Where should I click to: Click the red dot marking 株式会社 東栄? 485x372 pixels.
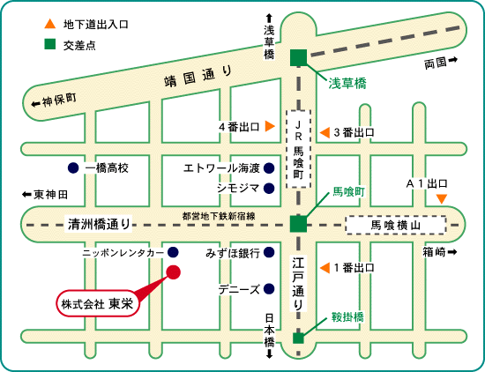click(x=173, y=272)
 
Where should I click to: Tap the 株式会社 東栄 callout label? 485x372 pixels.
click(x=97, y=303)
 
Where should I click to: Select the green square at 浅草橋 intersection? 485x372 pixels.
click(x=298, y=58)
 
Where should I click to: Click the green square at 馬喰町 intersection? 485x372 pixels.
click(x=298, y=224)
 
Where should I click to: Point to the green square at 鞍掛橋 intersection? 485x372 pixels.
click(x=298, y=339)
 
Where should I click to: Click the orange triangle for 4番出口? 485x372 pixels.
click(x=270, y=126)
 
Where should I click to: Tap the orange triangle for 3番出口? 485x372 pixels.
click(x=325, y=132)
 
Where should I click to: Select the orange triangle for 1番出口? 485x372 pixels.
click(x=325, y=268)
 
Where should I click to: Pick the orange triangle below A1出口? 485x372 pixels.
click(x=442, y=198)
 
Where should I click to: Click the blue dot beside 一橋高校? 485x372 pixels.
click(x=73, y=167)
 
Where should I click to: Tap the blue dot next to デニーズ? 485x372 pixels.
click(x=269, y=289)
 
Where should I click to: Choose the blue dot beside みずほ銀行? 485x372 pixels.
click(x=269, y=253)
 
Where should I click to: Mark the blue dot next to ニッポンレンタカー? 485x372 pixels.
click(x=173, y=252)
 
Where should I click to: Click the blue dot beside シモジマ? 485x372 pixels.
click(x=269, y=188)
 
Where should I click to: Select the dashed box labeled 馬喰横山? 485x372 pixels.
click(x=396, y=225)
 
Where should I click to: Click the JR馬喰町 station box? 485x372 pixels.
click(x=298, y=149)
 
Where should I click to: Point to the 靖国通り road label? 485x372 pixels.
click(x=198, y=77)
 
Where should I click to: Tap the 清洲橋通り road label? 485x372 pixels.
click(x=100, y=224)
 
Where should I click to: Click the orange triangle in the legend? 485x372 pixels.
click(x=49, y=24)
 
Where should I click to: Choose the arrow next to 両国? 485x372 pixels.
click(x=453, y=60)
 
